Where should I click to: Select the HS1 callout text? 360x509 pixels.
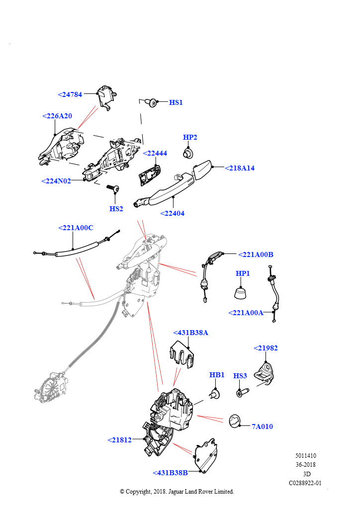tap(176, 102)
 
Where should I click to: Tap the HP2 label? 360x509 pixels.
tap(190, 137)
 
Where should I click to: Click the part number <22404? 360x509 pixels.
tap(172, 213)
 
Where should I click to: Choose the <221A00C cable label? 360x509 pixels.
tap(76, 228)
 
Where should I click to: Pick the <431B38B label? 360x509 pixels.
tap(170, 473)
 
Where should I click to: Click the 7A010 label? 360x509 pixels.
tap(262, 426)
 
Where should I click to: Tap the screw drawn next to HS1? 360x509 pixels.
tap(152, 103)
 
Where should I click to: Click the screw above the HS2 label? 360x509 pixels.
tap(113, 189)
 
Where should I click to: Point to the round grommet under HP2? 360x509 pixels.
tap(188, 152)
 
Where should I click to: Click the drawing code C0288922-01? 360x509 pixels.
tap(305, 482)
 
